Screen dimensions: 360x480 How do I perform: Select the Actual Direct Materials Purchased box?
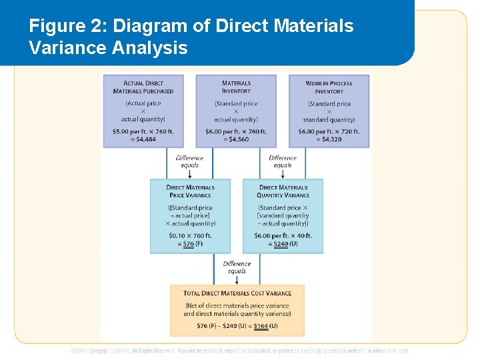[x=143, y=111]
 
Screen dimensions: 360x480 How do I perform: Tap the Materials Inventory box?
[x=236, y=111]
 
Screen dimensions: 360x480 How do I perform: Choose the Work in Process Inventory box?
[x=329, y=111]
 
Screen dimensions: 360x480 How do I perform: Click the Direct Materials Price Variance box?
[x=190, y=215]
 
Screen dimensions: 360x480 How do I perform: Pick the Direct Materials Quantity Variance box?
[x=283, y=215]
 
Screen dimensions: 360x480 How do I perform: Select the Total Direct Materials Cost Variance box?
[x=237, y=310]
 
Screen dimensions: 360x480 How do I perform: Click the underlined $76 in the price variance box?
[x=188, y=244]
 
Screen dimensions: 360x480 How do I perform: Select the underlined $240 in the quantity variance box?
[x=281, y=244]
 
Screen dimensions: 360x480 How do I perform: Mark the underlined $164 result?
[x=261, y=326]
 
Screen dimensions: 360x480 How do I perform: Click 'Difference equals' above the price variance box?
[x=189, y=161]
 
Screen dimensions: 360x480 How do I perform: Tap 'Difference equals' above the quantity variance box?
[x=283, y=161]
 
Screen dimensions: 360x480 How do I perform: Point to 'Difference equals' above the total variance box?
[x=237, y=267]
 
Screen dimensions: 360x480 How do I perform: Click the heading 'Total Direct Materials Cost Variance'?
[x=237, y=293]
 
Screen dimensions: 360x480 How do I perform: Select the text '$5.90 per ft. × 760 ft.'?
[x=143, y=131]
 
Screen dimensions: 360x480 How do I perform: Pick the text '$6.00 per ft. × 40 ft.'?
[x=283, y=235]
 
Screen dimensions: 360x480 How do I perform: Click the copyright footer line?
[x=240, y=351]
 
